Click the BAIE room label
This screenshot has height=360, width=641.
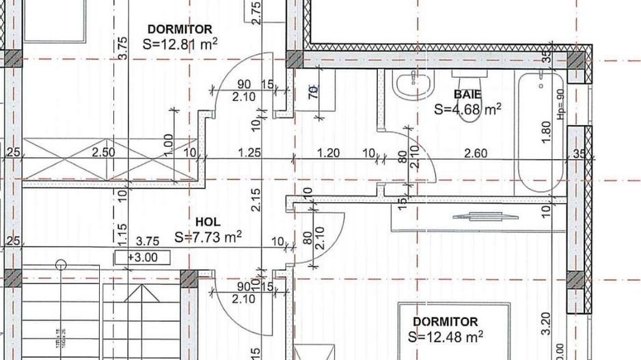(x=467, y=94)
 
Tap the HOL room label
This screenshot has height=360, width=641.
(x=208, y=222)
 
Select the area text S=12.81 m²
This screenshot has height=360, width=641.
(x=180, y=44)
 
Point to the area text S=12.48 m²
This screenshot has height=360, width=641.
(x=445, y=336)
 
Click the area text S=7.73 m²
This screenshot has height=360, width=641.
(x=208, y=237)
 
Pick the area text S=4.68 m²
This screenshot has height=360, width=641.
(x=468, y=108)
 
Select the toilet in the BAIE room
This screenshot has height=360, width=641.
(x=469, y=102)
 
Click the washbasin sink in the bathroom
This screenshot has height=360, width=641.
(x=413, y=85)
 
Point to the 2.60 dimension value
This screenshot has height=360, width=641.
(x=475, y=153)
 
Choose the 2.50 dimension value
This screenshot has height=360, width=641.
(x=104, y=152)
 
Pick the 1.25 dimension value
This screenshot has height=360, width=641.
(x=249, y=153)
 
